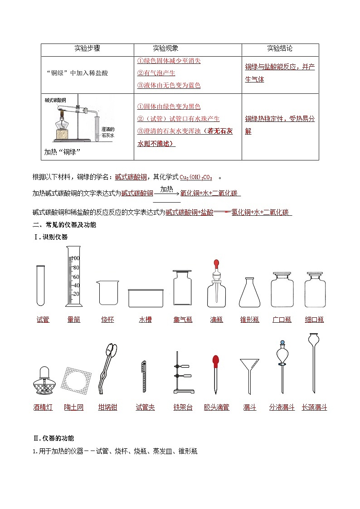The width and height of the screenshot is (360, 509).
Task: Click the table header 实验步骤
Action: coord(87,48)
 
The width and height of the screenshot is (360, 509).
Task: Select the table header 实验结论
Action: coord(280,48)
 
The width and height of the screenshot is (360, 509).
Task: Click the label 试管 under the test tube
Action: coord(43,320)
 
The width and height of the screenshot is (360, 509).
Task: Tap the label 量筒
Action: coord(73,320)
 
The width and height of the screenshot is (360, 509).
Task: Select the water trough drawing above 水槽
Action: coord(146,298)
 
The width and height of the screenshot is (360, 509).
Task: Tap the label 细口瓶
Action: coord(315,320)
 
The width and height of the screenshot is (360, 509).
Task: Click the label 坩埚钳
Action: coord(107,407)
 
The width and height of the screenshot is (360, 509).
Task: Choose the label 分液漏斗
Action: coord(282,407)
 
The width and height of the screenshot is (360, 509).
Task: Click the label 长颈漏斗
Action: coord(314,407)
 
